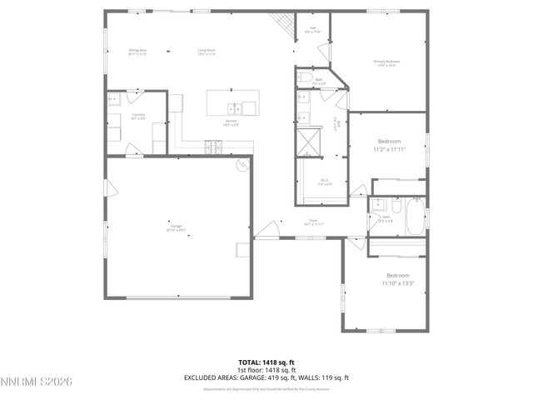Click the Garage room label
[177, 225]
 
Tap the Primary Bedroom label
[387, 61]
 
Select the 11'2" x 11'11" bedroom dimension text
[389, 150]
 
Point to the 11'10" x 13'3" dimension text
[397, 283]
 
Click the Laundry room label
[138, 114]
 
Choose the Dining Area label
[137, 51]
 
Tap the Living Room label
[207, 51]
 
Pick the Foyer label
[314, 220]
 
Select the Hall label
[313, 28]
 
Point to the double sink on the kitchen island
[237, 107]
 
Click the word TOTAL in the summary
[250, 362]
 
